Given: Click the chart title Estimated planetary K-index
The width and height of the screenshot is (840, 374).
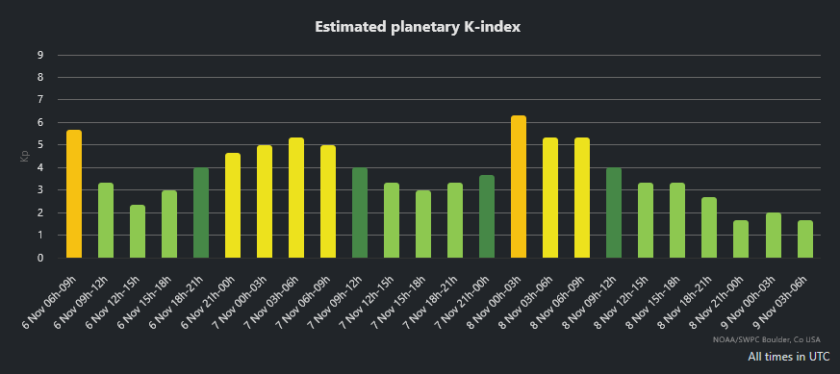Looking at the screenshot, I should [419, 27].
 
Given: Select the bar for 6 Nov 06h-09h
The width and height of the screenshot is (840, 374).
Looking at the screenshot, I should [74, 194].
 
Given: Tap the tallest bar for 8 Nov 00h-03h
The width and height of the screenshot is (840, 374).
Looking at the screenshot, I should [519, 187].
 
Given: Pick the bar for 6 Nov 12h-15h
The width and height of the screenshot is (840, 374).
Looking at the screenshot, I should [138, 232].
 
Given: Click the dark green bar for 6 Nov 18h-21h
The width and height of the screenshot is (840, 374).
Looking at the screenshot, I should [201, 212].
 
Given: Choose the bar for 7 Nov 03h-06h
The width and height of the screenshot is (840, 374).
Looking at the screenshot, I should [296, 198].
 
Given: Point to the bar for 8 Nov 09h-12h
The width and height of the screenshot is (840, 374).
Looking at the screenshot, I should [614, 212].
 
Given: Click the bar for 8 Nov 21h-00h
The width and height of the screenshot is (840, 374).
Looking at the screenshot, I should [741, 239].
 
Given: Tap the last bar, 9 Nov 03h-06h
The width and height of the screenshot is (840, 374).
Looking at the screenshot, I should [804, 239].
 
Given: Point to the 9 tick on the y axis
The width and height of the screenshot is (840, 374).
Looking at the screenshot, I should [40, 55].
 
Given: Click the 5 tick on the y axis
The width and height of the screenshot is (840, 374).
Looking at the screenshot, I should [40, 145].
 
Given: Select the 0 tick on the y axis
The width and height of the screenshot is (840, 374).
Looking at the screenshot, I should [40, 258].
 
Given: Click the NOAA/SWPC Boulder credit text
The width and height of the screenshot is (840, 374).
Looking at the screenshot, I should [767, 339].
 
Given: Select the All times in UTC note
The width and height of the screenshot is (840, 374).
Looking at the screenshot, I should [788, 357].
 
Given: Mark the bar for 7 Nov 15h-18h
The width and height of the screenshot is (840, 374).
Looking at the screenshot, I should [423, 224].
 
